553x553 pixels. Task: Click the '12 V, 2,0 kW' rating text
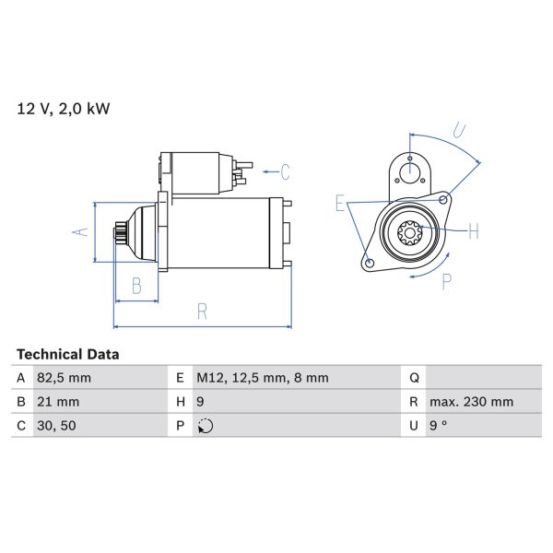click(63, 109)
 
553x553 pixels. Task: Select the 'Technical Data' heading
click(68, 354)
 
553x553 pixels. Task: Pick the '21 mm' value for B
click(59, 402)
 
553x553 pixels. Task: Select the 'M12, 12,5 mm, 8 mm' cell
click(261, 378)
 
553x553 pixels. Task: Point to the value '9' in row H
click(201, 402)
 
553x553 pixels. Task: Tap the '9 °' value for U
click(439, 426)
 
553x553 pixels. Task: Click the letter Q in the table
click(414, 378)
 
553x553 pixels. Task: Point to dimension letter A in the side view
click(80, 231)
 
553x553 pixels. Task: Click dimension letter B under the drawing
click(135, 286)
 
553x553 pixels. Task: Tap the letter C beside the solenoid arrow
click(286, 171)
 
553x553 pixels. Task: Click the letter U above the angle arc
click(460, 130)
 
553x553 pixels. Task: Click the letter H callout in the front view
click(473, 230)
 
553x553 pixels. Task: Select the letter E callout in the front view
click(340, 204)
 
